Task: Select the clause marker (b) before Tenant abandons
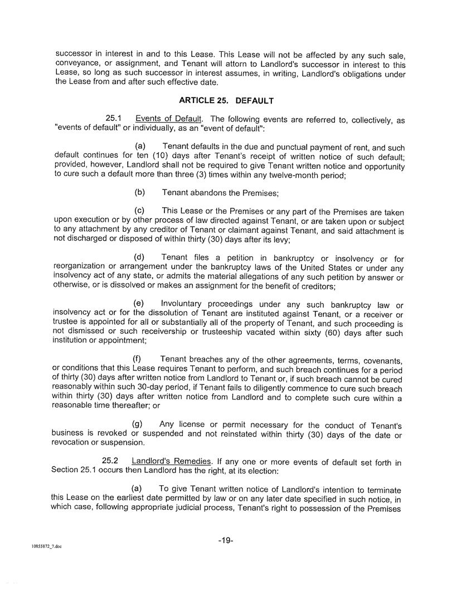point(140,192)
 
